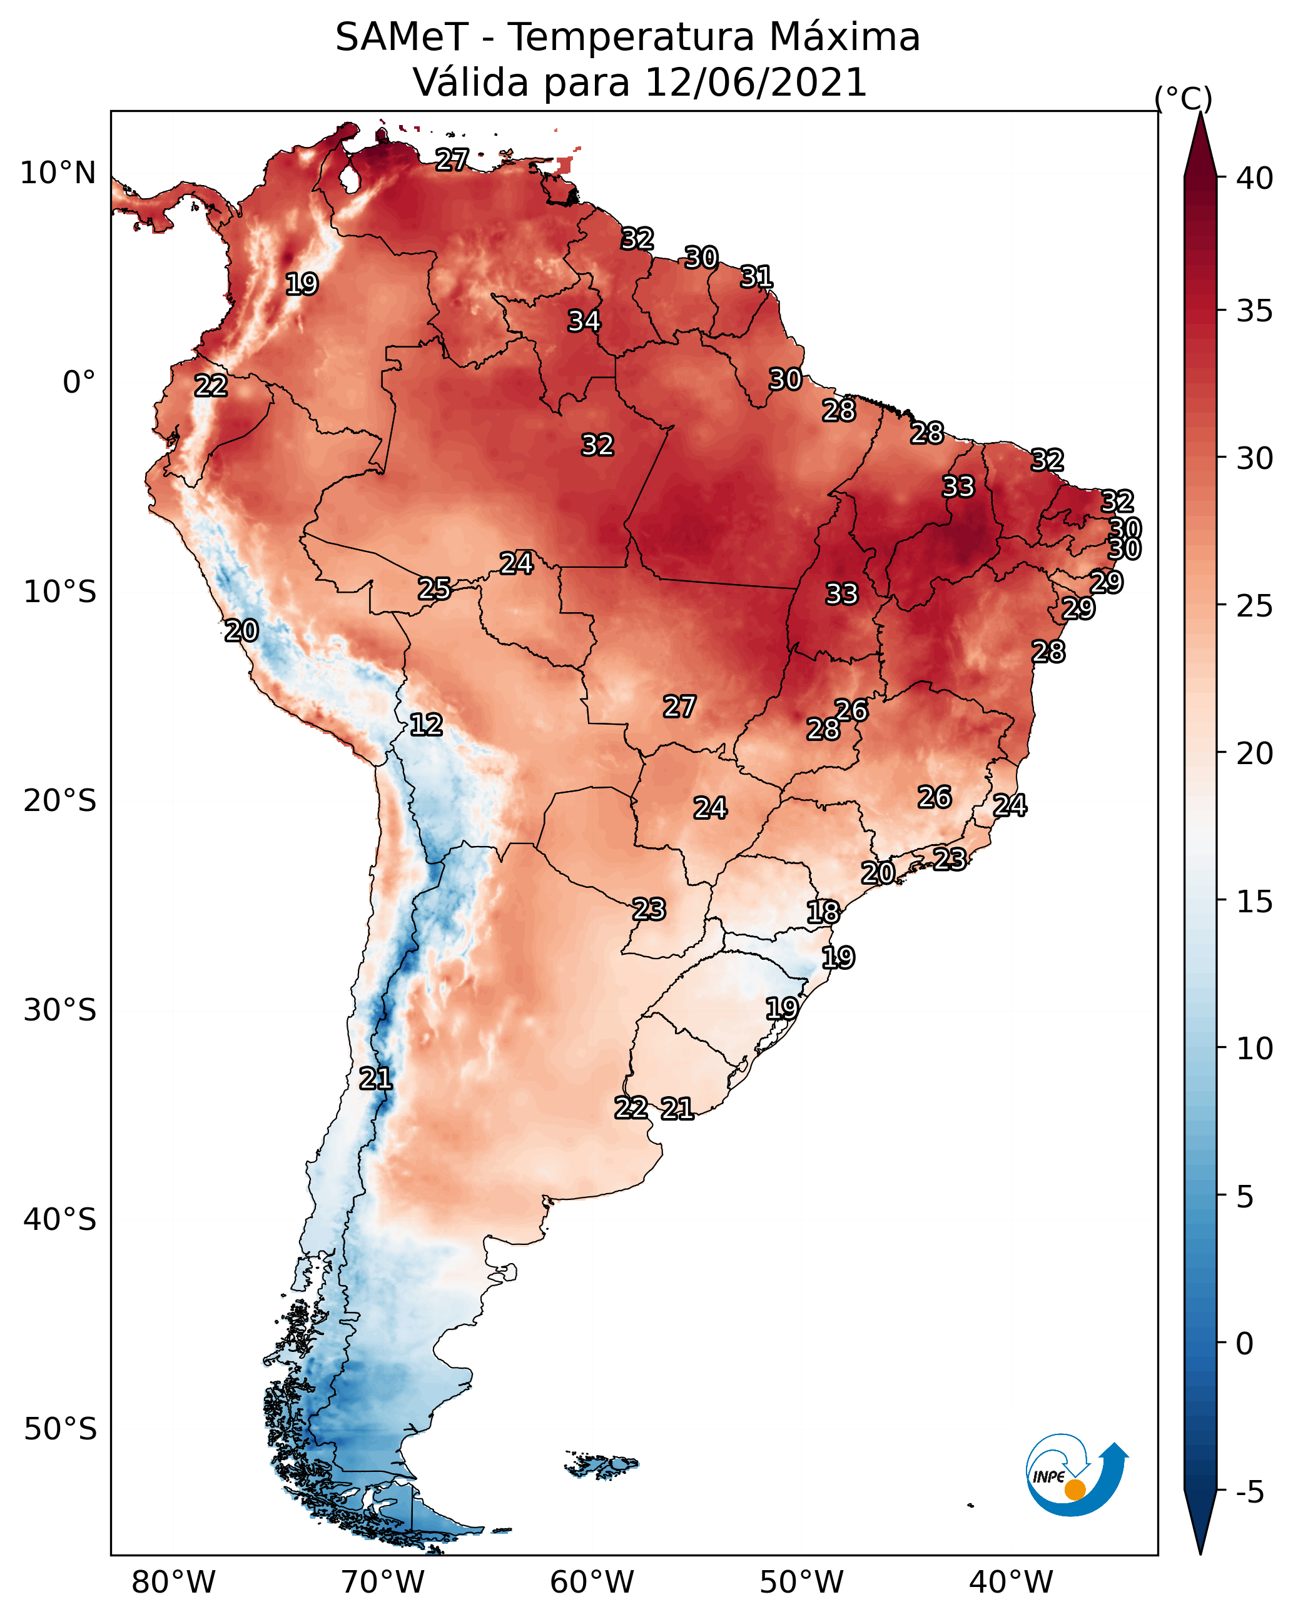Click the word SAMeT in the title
(x=402, y=38)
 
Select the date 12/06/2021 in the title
(x=755, y=83)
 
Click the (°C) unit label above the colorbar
(x=1184, y=98)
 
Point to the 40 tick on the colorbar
(x=1255, y=178)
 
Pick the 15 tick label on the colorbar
(x=1255, y=902)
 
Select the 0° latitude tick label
(x=79, y=383)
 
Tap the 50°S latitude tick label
(x=60, y=1429)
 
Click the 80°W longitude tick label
(x=173, y=1583)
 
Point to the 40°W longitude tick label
(x=1011, y=1583)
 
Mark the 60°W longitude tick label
(x=592, y=1583)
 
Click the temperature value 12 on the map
(x=426, y=725)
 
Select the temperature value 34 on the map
(x=584, y=321)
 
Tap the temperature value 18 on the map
(x=823, y=912)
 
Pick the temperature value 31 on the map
(x=756, y=277)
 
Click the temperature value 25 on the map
(x=435, y=589)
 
